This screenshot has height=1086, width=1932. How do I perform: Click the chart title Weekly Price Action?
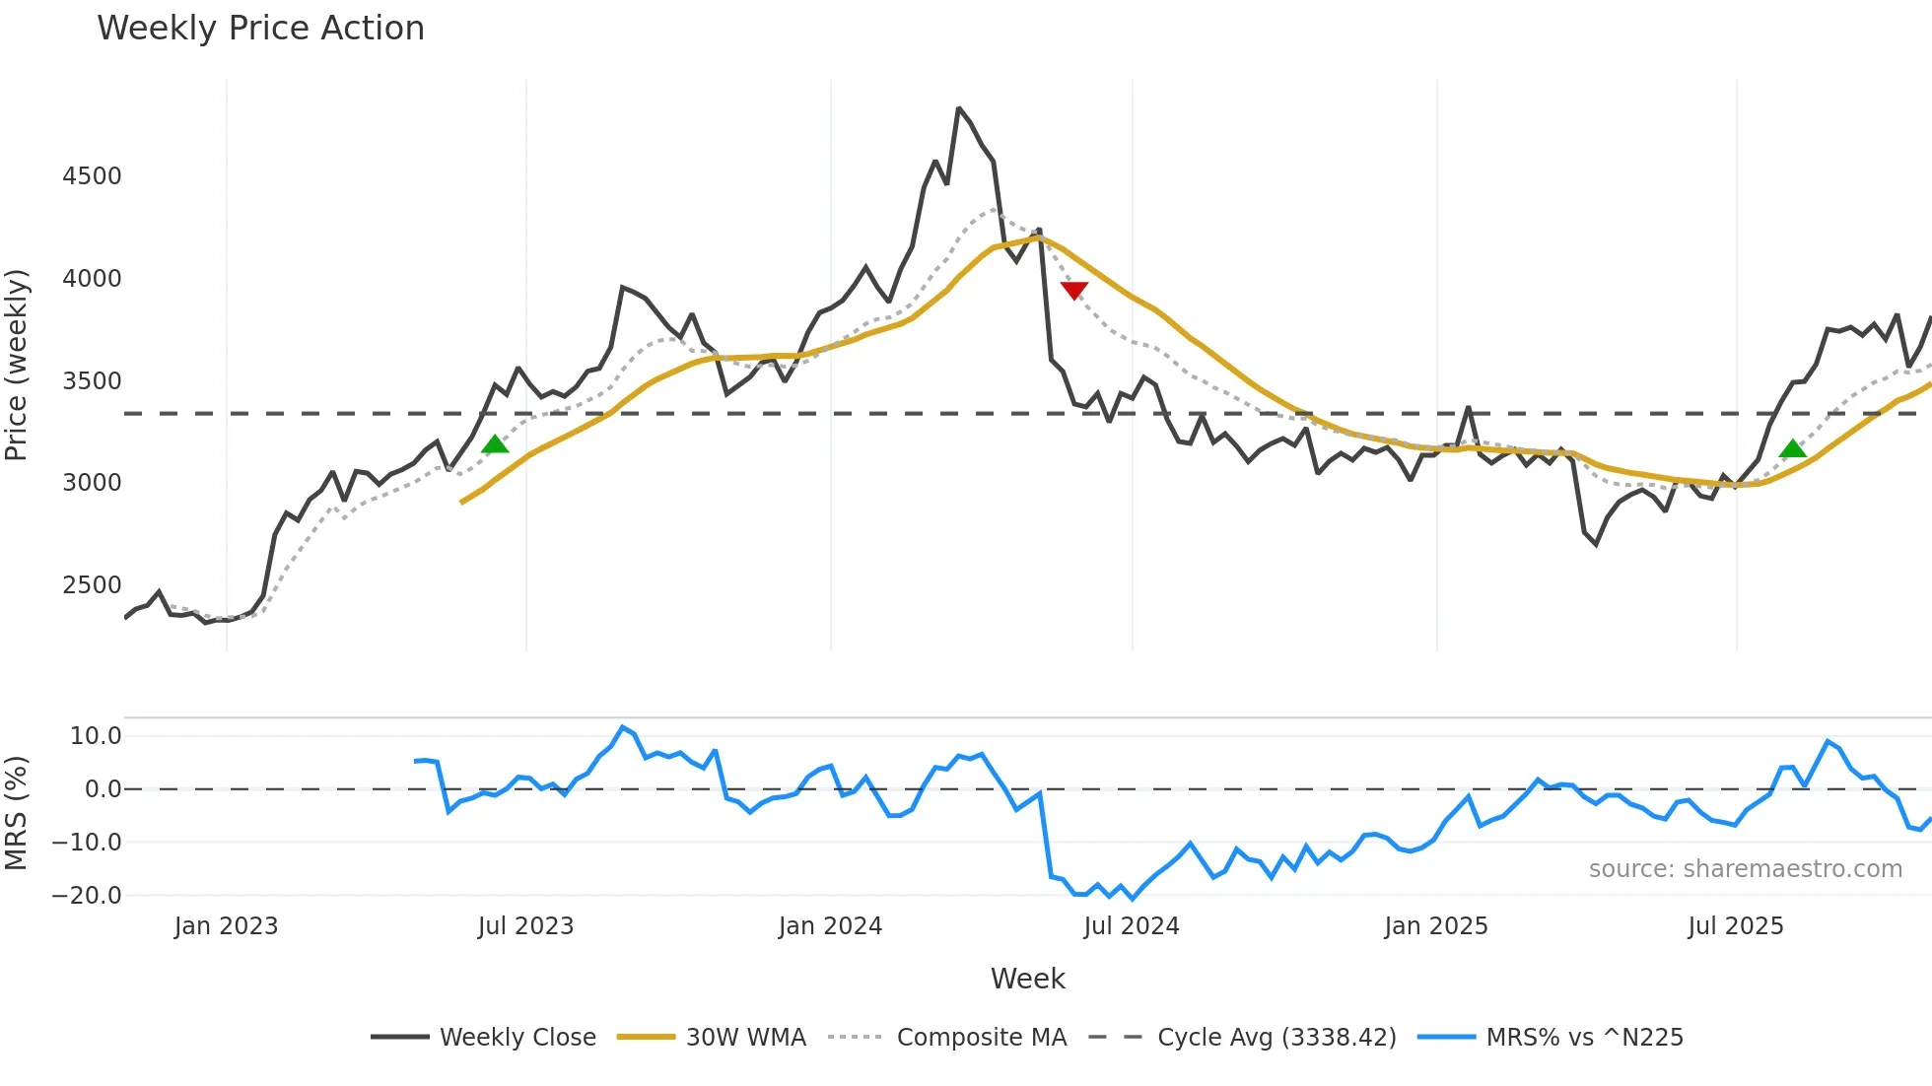(x=260, y=29)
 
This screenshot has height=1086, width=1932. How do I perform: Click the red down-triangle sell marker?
(x=1073, y=290)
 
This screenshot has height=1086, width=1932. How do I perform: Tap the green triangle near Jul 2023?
(x=495, y=444)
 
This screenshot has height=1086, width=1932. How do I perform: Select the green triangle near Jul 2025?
(x=1793, y=449)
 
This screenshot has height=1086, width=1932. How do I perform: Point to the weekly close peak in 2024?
(x=958, y=108)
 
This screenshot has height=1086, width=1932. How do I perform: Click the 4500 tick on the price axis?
(x=92, y=176)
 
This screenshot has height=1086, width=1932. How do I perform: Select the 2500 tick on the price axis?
(x=92, y=585)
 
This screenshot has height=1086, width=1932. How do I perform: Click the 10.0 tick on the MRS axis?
(x=96, y=736)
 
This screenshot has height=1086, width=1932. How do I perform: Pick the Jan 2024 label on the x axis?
(x=830, y=926)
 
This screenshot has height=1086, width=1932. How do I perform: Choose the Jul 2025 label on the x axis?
(x=1735, y=926)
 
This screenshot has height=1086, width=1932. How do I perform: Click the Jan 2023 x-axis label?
(x=226, y=926)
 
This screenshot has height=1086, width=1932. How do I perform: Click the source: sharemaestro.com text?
(x=1745, y=869)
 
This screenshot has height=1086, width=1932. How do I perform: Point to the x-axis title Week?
(x=1027, y=979)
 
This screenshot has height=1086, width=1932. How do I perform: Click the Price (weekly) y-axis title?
(x=16, y=365)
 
